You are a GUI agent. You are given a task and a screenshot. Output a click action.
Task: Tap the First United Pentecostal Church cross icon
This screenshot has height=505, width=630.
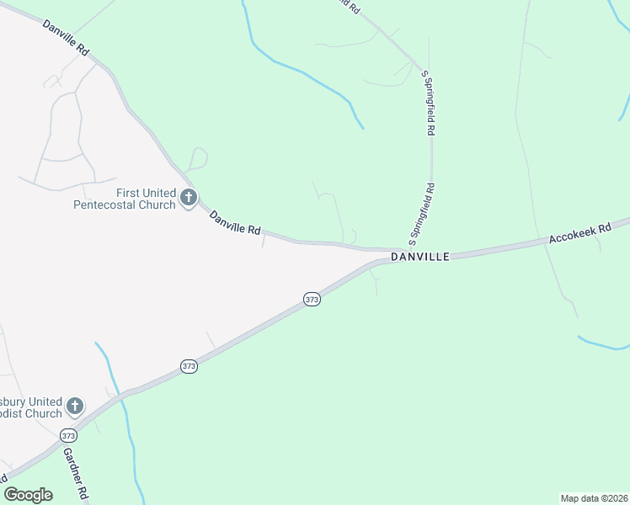(x=189, y=199)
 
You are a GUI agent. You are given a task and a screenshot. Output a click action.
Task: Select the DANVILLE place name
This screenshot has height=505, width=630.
(x=419, y=256)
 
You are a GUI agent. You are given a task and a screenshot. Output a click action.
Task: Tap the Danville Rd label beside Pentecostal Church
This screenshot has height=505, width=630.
(x=235, y=222)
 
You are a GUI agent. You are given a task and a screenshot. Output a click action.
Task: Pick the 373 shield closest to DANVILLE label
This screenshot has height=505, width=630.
(x=312, y=300)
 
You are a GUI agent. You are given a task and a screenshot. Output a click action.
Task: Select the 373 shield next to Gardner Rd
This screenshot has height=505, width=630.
(x=68, y=435)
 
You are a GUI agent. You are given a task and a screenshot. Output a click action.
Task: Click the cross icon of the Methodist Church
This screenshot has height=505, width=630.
(x=74, y=407)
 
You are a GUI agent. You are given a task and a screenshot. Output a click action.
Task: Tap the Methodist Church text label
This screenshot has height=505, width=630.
(x=30, y=407)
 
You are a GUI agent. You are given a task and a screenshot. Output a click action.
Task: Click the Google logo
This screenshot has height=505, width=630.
(x=29, y=495)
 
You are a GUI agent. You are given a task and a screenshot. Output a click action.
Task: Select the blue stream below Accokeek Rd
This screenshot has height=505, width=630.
(x=602, y=345)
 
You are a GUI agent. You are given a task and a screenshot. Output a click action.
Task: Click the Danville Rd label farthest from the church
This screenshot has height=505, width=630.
(x=66, y=38)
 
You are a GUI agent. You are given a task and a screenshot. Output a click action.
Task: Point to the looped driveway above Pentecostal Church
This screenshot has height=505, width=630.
(x=198, y=157)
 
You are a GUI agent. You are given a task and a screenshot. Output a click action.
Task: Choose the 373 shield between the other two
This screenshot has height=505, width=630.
(x=189, y=366)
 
